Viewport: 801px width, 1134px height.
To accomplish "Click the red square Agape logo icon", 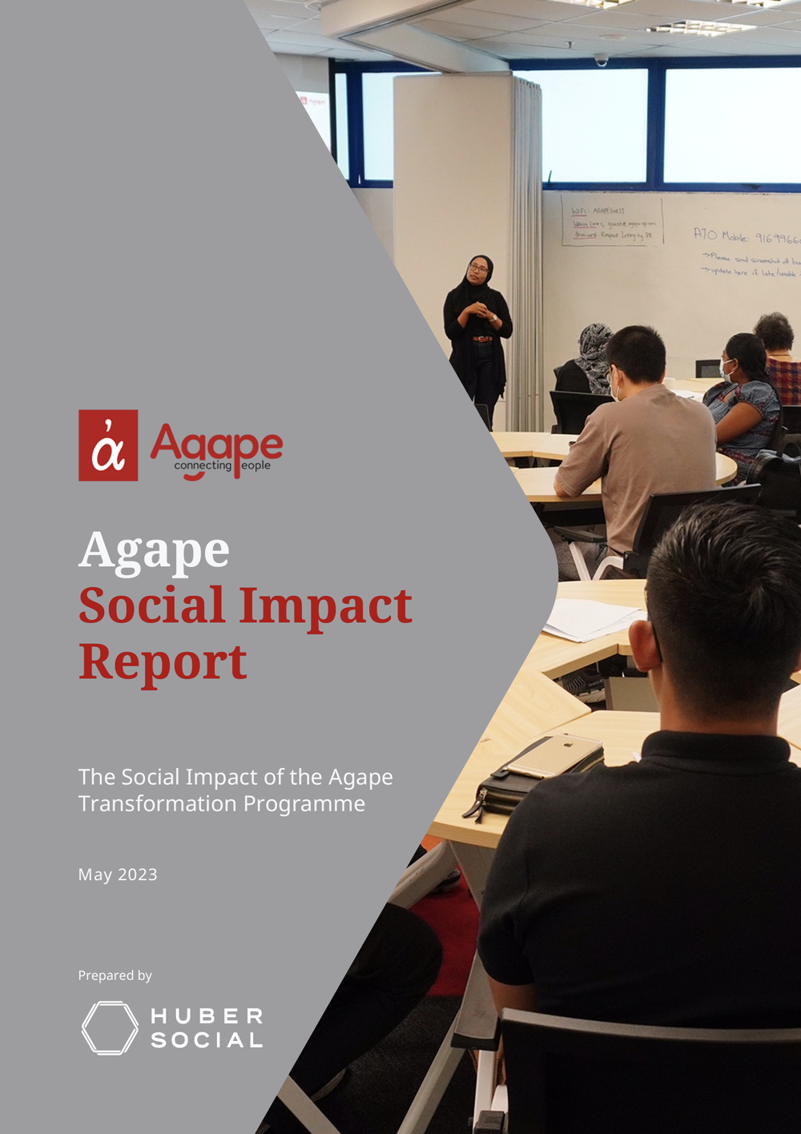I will (x=108, y=445).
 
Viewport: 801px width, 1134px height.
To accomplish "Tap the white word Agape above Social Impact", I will (x=154, y=551).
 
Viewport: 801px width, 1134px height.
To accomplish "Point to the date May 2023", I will (x=118, y=875).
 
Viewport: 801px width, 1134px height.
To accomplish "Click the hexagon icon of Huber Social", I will (x=110, y=1027).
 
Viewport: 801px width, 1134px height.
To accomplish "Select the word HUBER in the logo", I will (x=207, y=1016).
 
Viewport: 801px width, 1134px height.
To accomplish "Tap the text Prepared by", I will (x=115, y=975).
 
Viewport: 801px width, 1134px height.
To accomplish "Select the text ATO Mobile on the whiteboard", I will (x=720, y=235).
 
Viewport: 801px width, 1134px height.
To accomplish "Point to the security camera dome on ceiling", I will (x=601, y=60).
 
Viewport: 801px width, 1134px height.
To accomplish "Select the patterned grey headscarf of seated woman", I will (x=594, y=352).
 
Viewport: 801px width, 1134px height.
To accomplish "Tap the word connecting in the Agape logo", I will (x=203, y=465).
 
